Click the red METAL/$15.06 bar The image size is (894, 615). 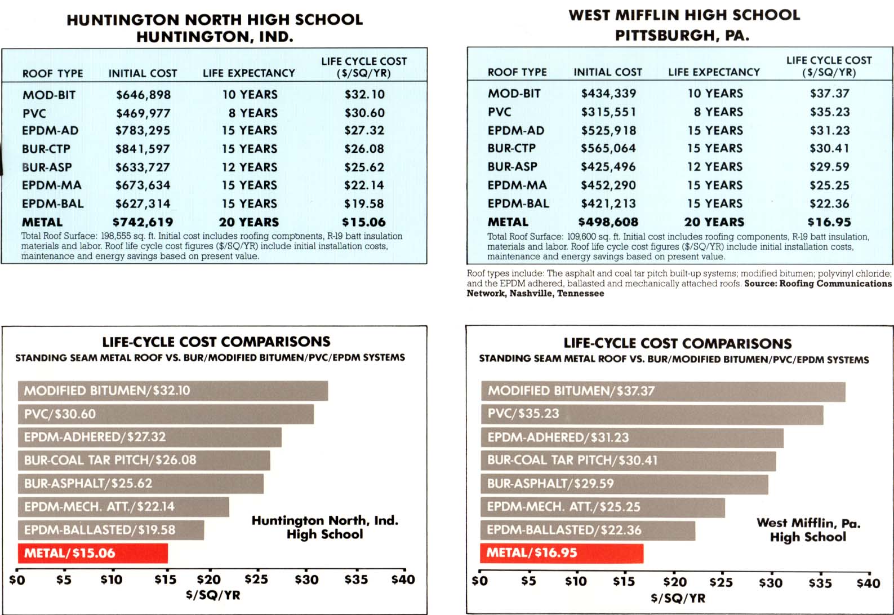(x=92, y=553)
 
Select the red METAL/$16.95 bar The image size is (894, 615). (x=562, y=553)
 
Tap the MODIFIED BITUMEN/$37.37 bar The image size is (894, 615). (x=663, y=391)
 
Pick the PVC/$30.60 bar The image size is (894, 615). (x=166, y=414)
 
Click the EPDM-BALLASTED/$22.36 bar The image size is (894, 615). (x=588, y=530)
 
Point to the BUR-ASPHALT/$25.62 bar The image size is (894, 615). (x=140, y=484)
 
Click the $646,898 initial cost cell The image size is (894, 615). (x=143, y=95)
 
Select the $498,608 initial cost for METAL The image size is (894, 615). (x=608, y=222)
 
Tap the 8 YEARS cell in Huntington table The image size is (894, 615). (x=253, y=113)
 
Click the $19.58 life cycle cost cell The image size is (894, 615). (x=364, y=203)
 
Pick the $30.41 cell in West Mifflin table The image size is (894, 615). (x=829, y=148)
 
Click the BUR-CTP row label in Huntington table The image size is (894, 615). (x=46, y=149)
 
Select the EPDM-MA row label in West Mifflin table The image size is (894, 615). (x=517, y=185)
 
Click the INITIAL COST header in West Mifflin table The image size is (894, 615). (x=608, y=72)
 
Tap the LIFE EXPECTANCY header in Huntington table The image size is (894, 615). (x=248, y=73)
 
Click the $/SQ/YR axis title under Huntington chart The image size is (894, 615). (x=213, y=595)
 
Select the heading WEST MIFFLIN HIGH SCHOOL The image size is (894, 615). (x=684, y=15)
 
